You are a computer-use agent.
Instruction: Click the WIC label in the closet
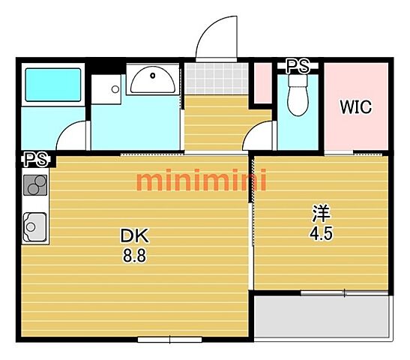[355, 106]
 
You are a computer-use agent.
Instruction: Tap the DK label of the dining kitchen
[135, 235]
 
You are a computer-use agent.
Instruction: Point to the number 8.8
[134, 255]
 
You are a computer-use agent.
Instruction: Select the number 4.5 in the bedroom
[321, 233]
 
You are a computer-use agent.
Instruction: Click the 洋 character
[322, 213]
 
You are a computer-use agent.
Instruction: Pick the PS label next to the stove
[37, 159]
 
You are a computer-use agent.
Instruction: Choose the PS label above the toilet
[298, 66]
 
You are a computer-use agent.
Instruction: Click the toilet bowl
[298, 96]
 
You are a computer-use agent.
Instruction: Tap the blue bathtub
[53, 85]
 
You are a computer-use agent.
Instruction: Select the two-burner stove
[35, 185]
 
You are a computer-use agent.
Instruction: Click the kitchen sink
[35, 226]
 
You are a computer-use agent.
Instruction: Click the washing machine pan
[106, 89]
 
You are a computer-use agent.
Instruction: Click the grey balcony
[322, 316]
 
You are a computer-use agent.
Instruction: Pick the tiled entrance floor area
[217, 79]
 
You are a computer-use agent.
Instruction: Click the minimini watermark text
[202, 180]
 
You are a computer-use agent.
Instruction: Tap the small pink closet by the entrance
[263, 83]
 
